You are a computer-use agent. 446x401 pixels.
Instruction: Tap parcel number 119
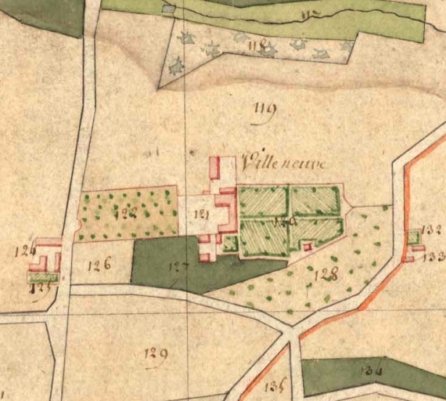coord(264,117)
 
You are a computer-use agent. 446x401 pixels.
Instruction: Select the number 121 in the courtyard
coord(202,214)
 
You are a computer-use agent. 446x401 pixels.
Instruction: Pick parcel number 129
coord(155,355)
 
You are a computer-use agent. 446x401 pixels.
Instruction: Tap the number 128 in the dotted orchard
coord(324,274)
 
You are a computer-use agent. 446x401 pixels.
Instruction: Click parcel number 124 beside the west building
coord(24,251)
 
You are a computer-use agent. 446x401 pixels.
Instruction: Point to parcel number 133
coord(436,256)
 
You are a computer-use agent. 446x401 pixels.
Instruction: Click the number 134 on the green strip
coord(372,370)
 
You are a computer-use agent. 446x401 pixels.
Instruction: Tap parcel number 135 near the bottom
coord(273,384)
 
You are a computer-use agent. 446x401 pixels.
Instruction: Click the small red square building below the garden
coord(307,247)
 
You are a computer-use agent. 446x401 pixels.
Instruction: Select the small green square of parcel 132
coord(413,237)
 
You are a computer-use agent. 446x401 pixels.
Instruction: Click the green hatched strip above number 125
coord(44,276)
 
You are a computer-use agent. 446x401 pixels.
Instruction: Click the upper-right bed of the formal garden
coord(316,201)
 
